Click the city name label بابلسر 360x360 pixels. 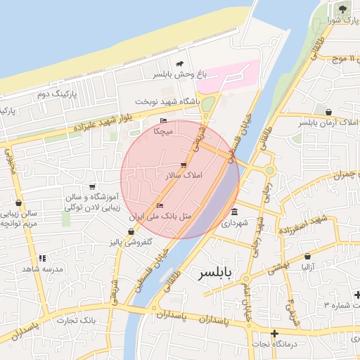point(220,271)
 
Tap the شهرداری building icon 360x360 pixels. point(234,212)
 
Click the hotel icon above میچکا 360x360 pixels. point(164,120)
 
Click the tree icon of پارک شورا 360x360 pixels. point(342,9)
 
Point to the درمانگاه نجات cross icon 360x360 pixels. point(274,333)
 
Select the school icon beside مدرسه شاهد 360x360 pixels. point(42,258)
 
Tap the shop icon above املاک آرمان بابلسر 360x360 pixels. point(328,112)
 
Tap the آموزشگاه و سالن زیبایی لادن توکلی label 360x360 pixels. point(93,202)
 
